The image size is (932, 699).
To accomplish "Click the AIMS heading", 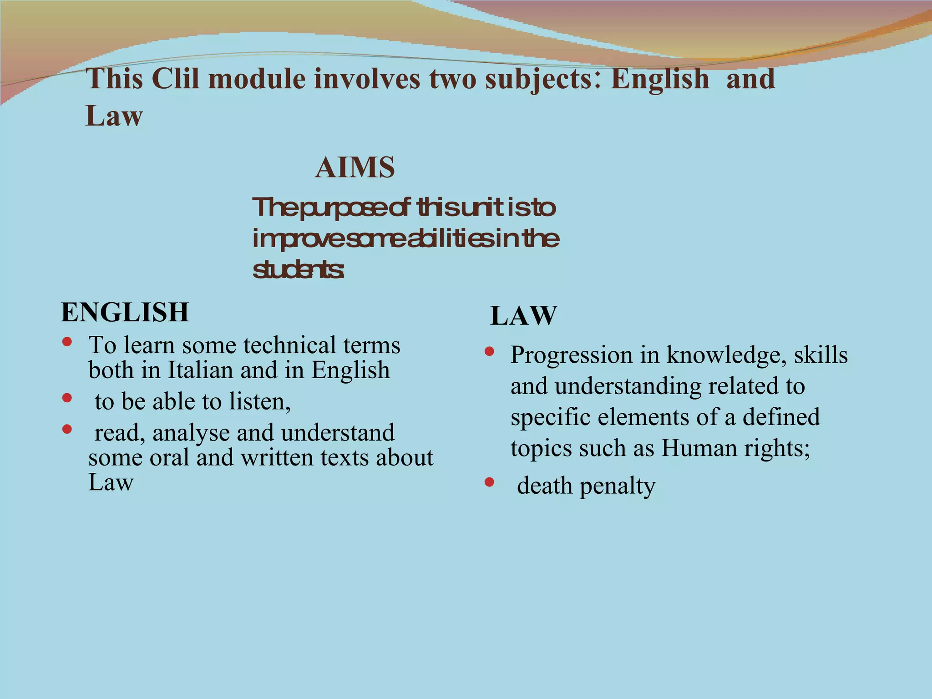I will (355, 167).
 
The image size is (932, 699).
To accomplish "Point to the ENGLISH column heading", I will (125, 312).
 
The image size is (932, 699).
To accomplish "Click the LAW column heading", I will (523, 316).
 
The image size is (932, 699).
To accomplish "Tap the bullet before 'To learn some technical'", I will (67, 342).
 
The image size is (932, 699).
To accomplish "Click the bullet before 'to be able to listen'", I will (67, 398).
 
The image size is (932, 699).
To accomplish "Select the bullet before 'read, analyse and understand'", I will (67, 429).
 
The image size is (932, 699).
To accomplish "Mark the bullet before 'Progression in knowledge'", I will (489, 351).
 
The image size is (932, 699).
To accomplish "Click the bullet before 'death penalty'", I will (489, 482).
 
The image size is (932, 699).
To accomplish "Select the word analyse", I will (191, 433).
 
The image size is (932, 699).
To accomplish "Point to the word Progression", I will (572, 355).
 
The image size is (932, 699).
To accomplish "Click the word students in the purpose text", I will (298, 270).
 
